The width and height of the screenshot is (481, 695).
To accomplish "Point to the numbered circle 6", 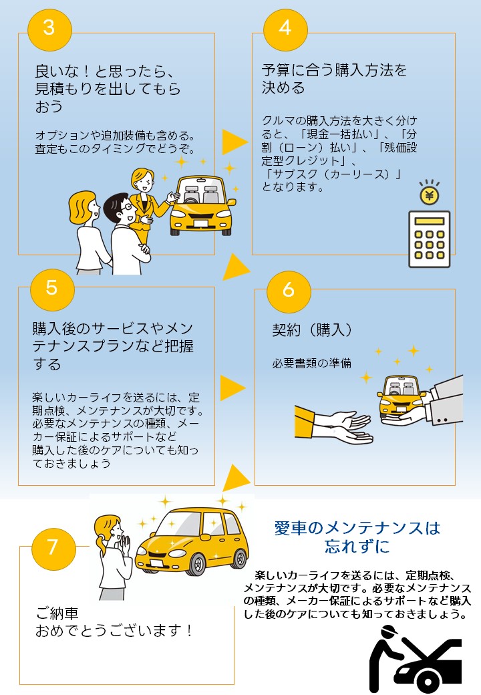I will click(x=289, y=289).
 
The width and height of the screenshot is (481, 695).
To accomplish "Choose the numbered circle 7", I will click(x=52, y=547).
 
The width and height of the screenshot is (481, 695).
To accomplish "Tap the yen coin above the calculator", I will click(x=429, y=195).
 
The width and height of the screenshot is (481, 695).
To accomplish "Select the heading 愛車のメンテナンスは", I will click(x=357, y=529).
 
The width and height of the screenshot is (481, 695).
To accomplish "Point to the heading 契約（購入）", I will click(x=312, y=330).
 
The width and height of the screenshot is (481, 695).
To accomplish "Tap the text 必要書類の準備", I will click(x=311, y=364).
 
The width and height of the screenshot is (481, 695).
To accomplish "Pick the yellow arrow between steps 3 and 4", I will click(x=234, y=141).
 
